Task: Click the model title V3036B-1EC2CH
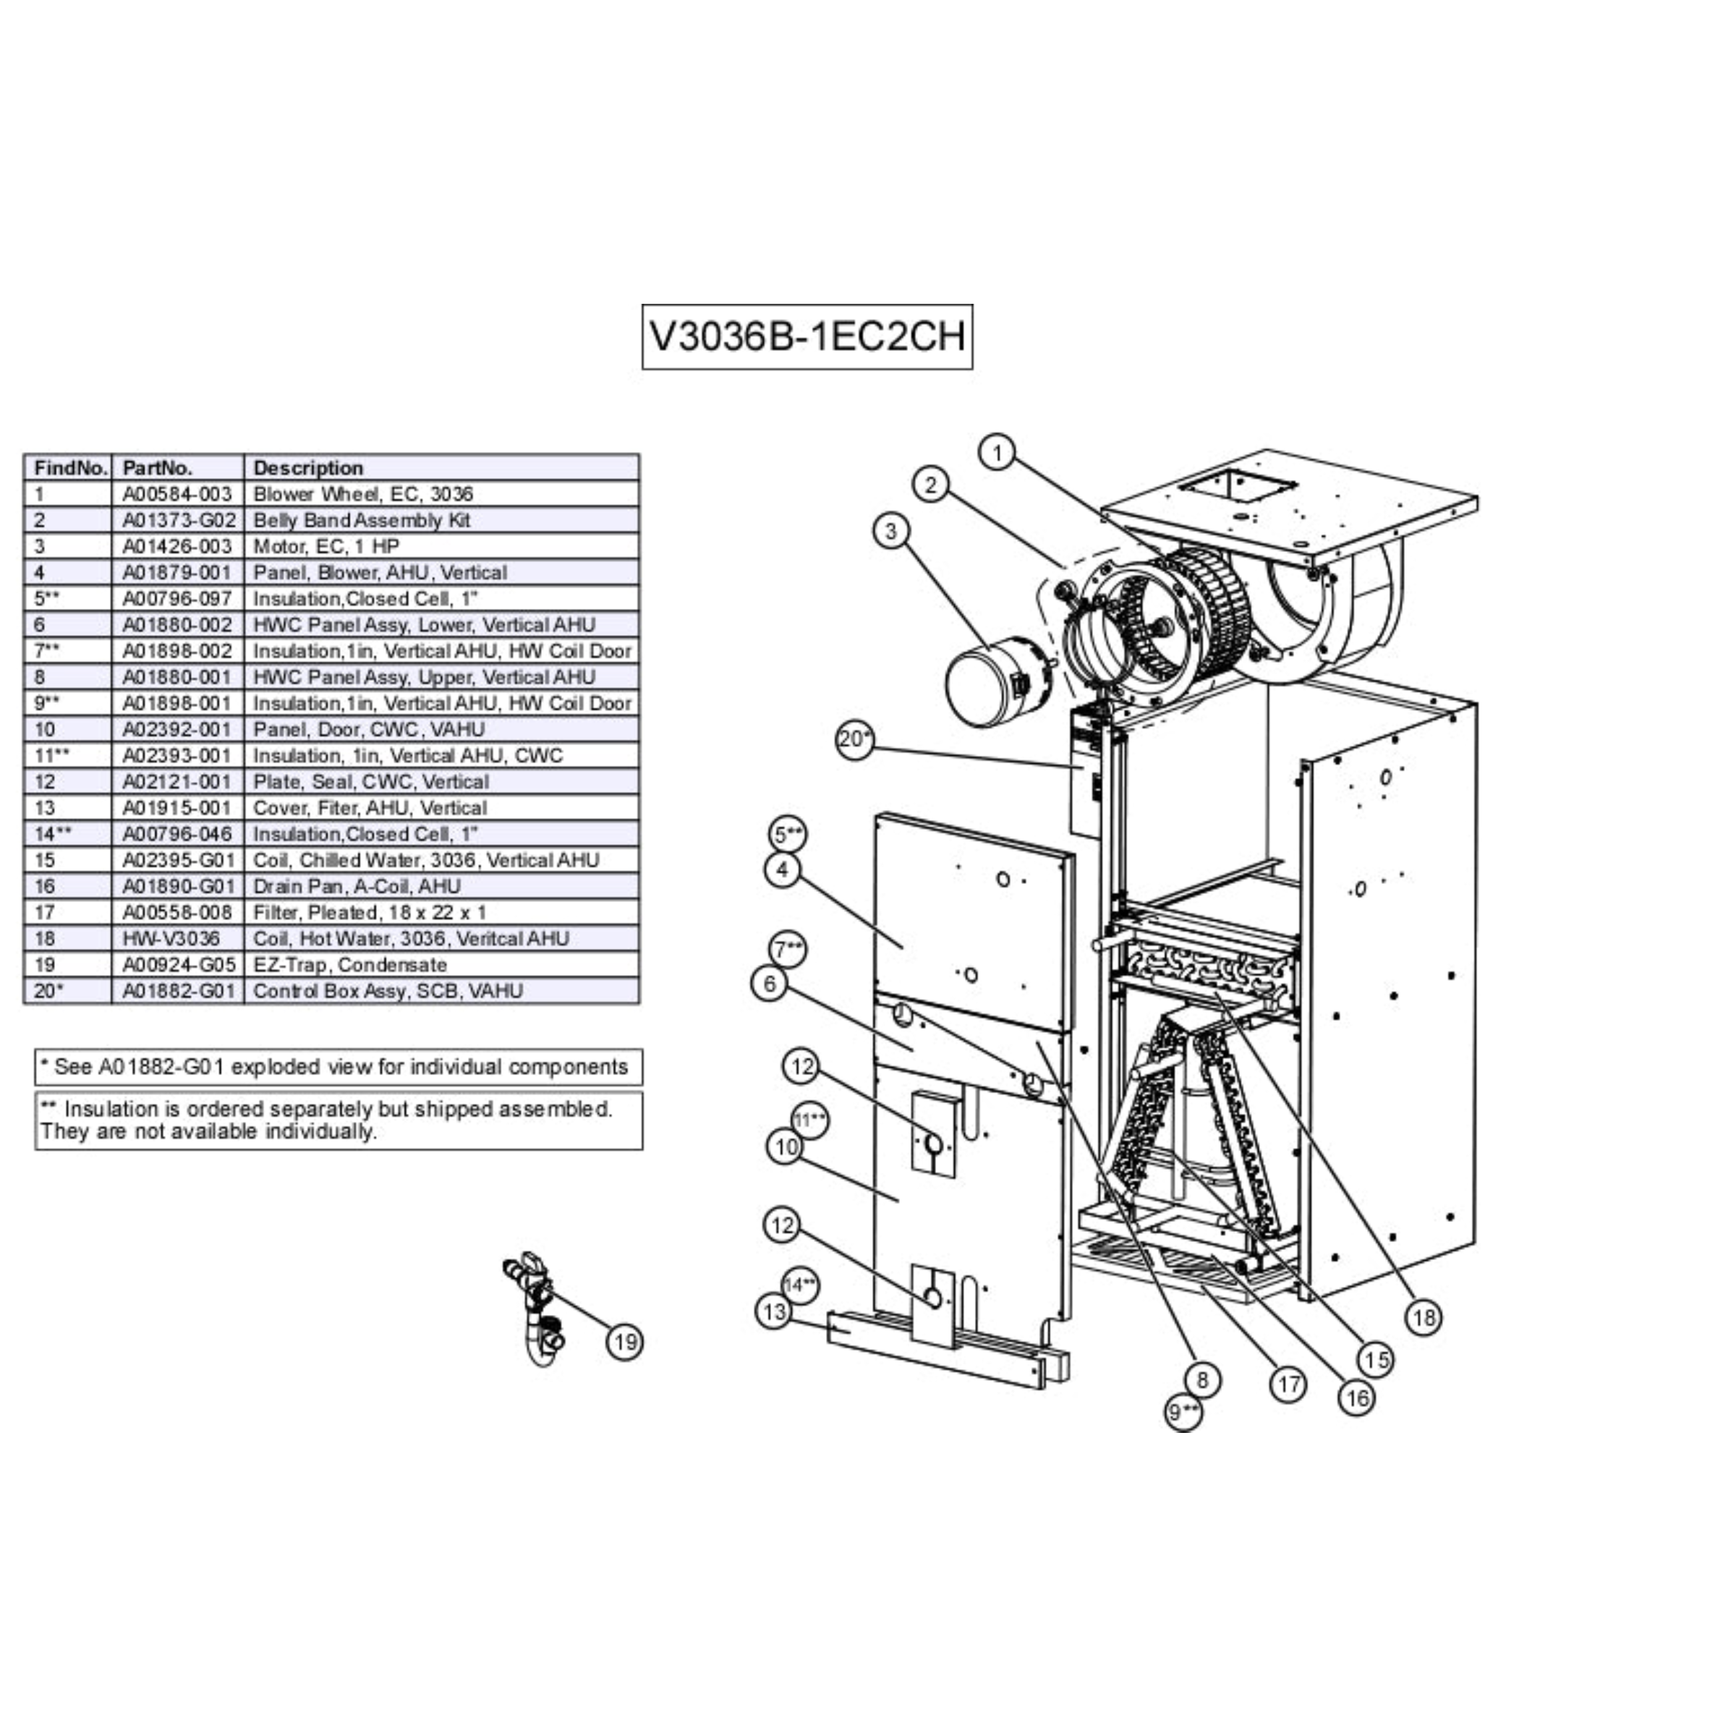(807, 337)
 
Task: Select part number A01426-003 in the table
(177, 546)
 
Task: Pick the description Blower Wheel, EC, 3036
(363, 494)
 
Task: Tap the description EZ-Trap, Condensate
(349, 965)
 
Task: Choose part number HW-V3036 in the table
(171, 939)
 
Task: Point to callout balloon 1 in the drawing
(997, 452)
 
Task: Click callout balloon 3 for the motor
(890, 531)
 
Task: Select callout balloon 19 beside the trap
(626, 1343)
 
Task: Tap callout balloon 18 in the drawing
(1424, 1317)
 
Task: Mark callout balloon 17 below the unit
(1288, 1384)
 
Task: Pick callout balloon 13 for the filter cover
(775, 1312)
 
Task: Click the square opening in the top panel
(1238, 489)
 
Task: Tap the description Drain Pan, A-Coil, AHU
(357, 887)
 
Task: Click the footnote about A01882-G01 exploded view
(339, 1068)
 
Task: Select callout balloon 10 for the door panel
(786, 1146)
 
